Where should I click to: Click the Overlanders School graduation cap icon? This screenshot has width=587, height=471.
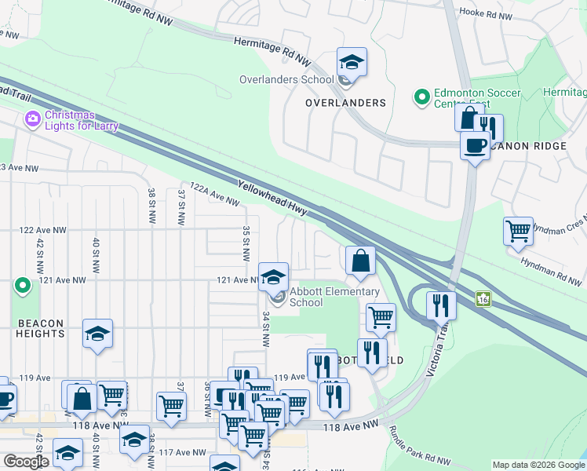click(x=352, y=62)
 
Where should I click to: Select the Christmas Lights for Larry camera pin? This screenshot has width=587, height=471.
click(x=33, y=120)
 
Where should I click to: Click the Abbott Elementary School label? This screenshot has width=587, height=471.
click(x=334, y=297)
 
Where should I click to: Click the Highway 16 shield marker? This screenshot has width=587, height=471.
click(x=483, y=299)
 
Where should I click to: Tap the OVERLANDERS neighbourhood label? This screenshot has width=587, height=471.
click(x=346, y=103)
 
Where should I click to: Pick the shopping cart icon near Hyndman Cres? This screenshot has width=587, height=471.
click(x=518, y=232)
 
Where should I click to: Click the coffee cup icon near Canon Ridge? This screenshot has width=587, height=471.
click(x=475, y=146)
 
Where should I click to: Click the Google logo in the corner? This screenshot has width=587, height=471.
click(x=26, y=462)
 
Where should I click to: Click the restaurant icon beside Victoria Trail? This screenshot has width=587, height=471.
click(x=442, y=304)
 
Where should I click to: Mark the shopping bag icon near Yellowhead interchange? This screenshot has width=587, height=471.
click(x=359, y=261)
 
